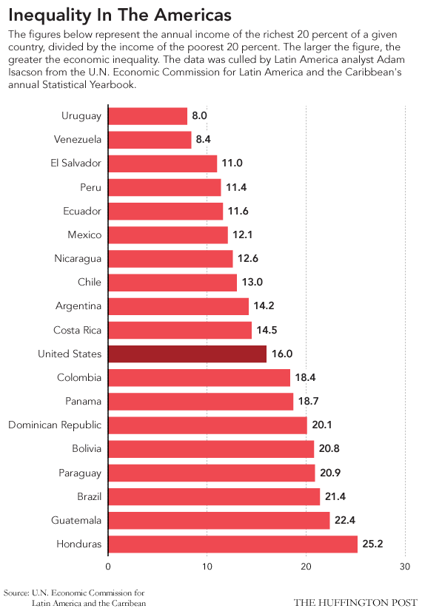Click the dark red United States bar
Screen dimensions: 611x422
(187, 354)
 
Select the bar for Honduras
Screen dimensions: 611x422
(232, 544)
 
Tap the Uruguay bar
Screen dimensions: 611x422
(148, 115)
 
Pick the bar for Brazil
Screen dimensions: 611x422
(214, 496)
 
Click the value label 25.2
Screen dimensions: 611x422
(373, 544)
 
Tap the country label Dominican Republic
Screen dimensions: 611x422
(55, 425)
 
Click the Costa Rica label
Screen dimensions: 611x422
(78, 330)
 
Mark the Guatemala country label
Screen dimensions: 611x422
(76, 521)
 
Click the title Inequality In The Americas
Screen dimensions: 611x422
(120, 15)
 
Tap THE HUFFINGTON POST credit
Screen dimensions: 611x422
(355, 601)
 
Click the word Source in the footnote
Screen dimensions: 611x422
(17, 593)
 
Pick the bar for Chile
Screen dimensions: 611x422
(173, 282)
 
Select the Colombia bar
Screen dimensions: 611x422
(199, 377)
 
